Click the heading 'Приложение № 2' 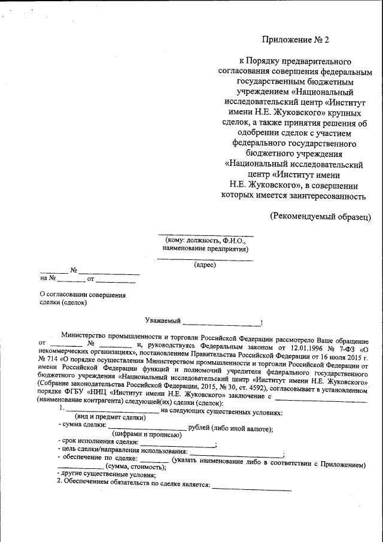[296, 40]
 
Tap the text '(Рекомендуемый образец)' [320, 216]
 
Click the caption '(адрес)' [205, 264]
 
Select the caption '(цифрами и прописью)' [147, 435]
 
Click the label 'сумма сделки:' [84, 426]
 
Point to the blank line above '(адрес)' [205, 259]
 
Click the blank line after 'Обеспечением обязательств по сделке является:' [251, 489]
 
